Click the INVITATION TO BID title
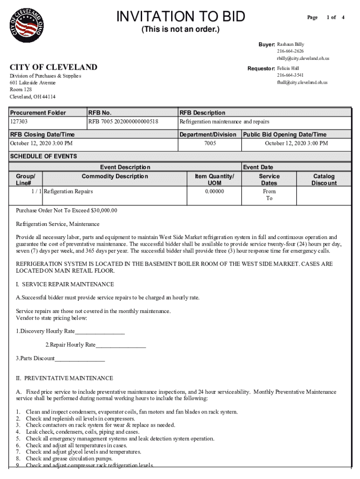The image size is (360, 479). pos(180,17)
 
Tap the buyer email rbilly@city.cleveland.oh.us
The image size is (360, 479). pos(303,58)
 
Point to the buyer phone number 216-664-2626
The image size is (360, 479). pos(290,51)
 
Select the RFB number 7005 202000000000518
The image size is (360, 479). pos(123,122)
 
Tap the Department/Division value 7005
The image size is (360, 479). pos(210,143)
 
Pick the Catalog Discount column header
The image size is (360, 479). pos(324,180)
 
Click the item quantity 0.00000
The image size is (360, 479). pos(215,191)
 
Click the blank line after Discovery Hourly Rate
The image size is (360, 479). pos(100,332)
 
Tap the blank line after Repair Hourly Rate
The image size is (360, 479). pos(121,345)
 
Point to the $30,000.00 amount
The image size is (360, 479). pos(102,210)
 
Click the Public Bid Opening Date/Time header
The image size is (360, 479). pos(285,135)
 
